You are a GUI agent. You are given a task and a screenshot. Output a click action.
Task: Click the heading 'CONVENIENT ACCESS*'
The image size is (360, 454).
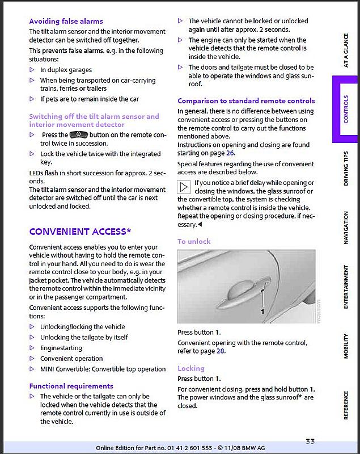(80, 232)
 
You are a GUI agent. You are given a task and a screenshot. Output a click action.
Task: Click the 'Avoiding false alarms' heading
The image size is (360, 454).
(66, 22)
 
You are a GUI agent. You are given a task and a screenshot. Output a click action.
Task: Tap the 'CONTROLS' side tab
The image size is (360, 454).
(346, 108)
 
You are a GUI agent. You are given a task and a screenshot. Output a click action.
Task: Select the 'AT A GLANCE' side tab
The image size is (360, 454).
(346, 52)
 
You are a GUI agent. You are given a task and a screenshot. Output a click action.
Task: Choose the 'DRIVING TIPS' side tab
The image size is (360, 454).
(346, 169)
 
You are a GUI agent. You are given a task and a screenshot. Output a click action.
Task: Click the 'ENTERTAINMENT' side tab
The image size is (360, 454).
(346, 287)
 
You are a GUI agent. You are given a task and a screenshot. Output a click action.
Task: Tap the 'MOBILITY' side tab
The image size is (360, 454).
(346, 346)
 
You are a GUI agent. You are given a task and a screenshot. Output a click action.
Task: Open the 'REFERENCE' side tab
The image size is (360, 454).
(346, 405)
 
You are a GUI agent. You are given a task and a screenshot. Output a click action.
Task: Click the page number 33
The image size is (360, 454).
(310, 442)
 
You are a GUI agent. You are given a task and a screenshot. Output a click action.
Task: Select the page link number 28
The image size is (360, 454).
(221, 351)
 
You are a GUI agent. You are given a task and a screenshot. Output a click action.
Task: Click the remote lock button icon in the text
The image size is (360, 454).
(78, 135)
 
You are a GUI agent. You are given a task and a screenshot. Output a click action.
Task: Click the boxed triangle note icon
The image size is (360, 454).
(184, 187)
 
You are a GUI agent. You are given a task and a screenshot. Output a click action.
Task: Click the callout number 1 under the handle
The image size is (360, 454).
(262, 312)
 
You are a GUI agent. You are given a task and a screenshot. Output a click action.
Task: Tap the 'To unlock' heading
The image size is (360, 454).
(194, 242)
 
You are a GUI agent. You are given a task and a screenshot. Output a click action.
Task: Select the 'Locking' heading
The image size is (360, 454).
(190, 369)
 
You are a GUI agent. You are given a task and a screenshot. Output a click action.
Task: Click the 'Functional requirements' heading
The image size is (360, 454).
(71, 386)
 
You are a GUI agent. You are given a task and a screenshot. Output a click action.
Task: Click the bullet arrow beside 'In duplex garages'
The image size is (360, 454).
(32, 70)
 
